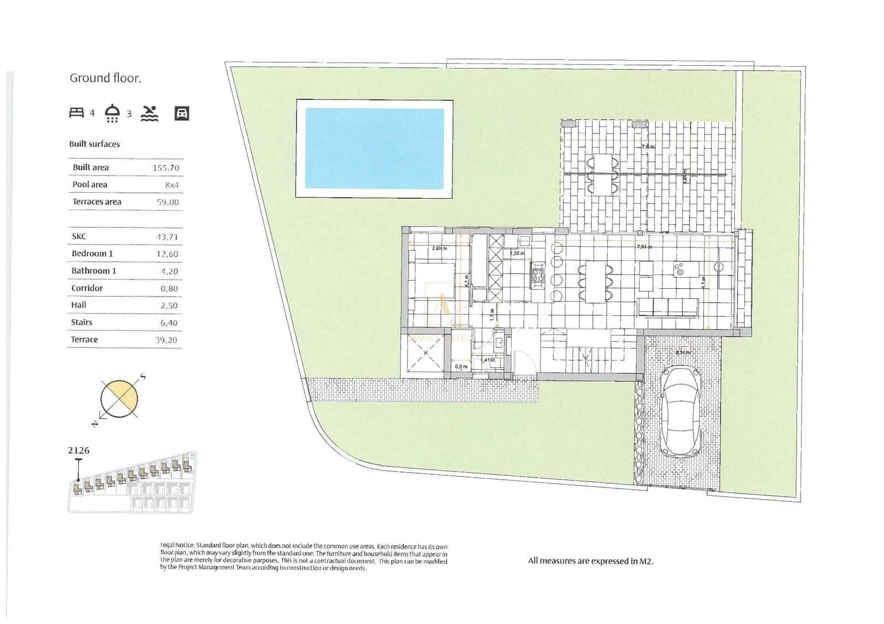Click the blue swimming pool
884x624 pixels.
click(x=375, y=149)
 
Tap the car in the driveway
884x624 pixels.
click(x=681, y=411)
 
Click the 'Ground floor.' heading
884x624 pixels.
click(x=105, y=78)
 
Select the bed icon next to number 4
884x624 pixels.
click(x=76, y=113)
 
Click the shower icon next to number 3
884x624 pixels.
click(x=112, y=113)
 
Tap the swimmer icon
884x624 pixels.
click(x=149, y=113)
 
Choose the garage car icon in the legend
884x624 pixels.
click(x=182, y=113)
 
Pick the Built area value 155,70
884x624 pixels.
click(x=166, y=168)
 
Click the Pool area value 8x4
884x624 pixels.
click(x=171, y=185)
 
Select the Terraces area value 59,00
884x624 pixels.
click(x=167, y=202)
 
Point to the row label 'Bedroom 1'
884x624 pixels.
click(x=92, y=253)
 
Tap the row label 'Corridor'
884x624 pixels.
click(x=87, y=288)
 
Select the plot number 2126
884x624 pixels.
click(x=78, y=451)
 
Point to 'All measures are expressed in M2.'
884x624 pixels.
click(x=590, y=561)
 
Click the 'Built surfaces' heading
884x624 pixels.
click(x=94, y=144)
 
